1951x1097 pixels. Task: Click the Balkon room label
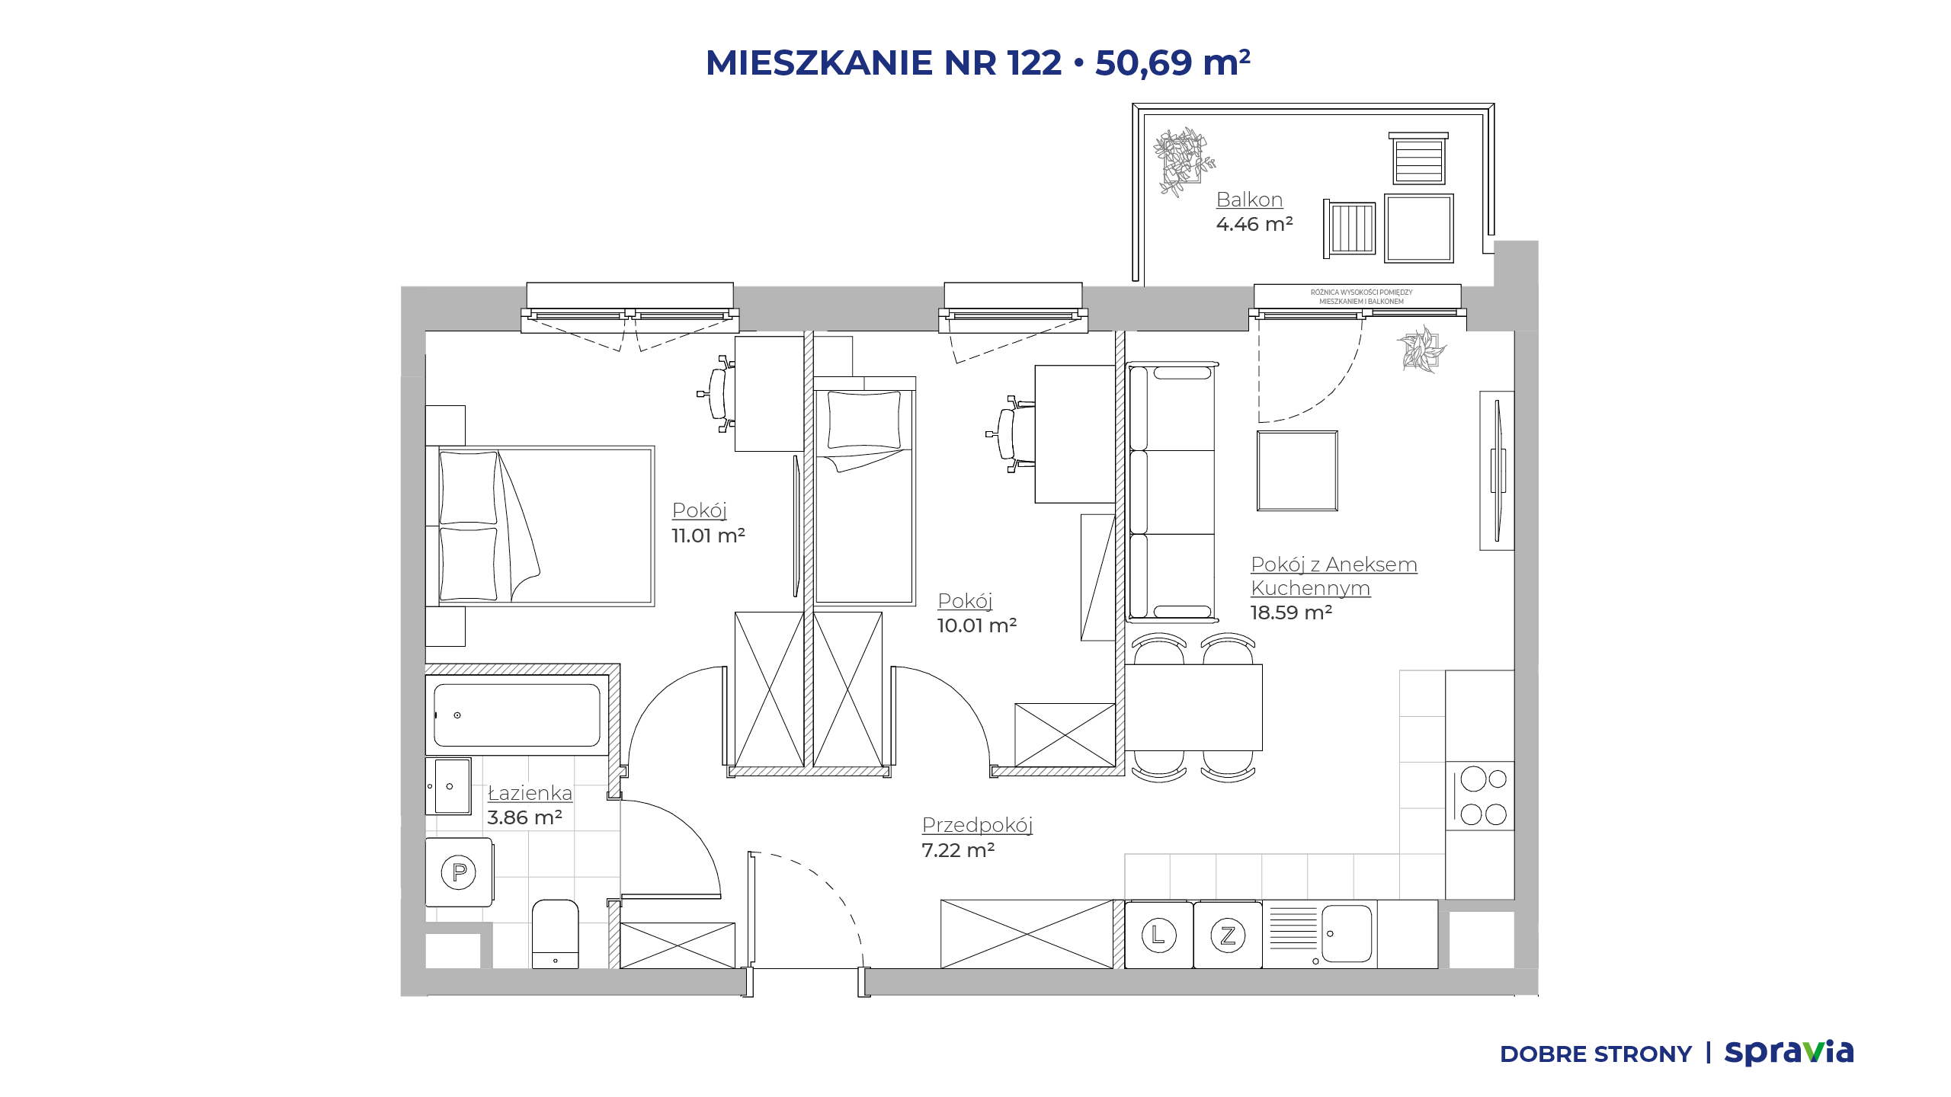(1249, 200)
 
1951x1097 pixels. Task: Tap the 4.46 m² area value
(1254, 224)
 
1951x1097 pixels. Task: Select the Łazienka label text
(530, 792)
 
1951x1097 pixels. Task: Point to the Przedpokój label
(977, 825)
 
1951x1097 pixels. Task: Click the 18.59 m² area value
(1291, 612)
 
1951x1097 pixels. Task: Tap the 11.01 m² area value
(708, 536)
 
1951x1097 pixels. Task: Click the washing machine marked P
(459, 872)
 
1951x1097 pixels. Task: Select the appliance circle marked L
(1158, 935)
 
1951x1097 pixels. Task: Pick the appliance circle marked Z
(1228, 935)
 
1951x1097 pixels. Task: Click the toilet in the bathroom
(555, 934)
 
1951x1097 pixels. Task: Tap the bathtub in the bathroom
(517, 715)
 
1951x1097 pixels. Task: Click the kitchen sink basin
(1347, 934)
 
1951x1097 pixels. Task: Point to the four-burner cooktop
(1480, 796)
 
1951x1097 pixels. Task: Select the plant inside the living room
(1421, 350)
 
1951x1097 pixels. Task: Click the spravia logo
(1789, 1053)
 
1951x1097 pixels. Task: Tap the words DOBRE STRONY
(1596, 1054)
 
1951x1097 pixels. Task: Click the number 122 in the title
(1034, 62)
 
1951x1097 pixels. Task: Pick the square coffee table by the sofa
(1297, 471)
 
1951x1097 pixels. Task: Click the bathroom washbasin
(448, 786)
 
